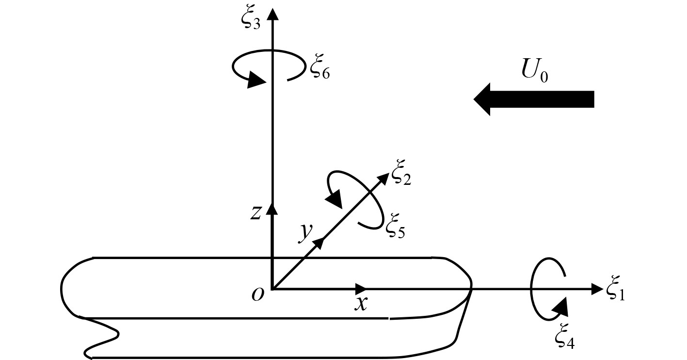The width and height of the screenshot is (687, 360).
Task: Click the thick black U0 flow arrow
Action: coord(533,99)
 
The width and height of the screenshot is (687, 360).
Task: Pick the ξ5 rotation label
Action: coord(395,228)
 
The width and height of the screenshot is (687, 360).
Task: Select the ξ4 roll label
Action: coord(565,338)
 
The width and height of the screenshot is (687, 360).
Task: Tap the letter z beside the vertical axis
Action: coord(256,212)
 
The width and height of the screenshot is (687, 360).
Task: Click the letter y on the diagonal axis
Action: coord(304,232)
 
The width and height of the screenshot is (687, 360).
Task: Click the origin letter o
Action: coord(258,294)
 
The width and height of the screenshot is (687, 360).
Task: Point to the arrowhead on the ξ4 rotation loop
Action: coord(560,305)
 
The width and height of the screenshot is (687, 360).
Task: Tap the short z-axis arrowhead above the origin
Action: coord(273,208)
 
